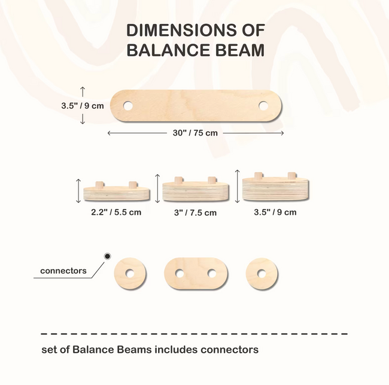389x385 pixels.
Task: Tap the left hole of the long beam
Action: pos(128,106)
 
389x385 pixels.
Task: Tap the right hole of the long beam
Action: pos(263,106)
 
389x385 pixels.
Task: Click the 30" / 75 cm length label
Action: pos(195,133)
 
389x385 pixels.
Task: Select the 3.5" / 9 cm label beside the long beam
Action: pos(83,106)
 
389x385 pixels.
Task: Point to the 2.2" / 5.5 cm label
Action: pos(116,212)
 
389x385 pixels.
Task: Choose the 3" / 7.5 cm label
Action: pos(195,213)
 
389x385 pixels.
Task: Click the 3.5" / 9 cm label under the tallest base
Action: pos(275,212)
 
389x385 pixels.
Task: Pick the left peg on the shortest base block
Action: pos(99,185)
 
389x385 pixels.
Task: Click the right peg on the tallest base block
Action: pos(292,176)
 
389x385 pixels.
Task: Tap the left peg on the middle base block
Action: pos(178,181)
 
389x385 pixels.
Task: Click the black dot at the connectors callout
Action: pos(107,256)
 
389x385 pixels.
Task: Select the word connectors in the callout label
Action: pos(63,271)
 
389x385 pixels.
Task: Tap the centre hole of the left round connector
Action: pos(129,274)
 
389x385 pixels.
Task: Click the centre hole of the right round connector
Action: pos(262,274)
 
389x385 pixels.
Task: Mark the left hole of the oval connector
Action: pos(180,274)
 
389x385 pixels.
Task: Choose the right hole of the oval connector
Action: pos(212,274)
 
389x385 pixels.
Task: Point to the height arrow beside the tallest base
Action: pos(237,186)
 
